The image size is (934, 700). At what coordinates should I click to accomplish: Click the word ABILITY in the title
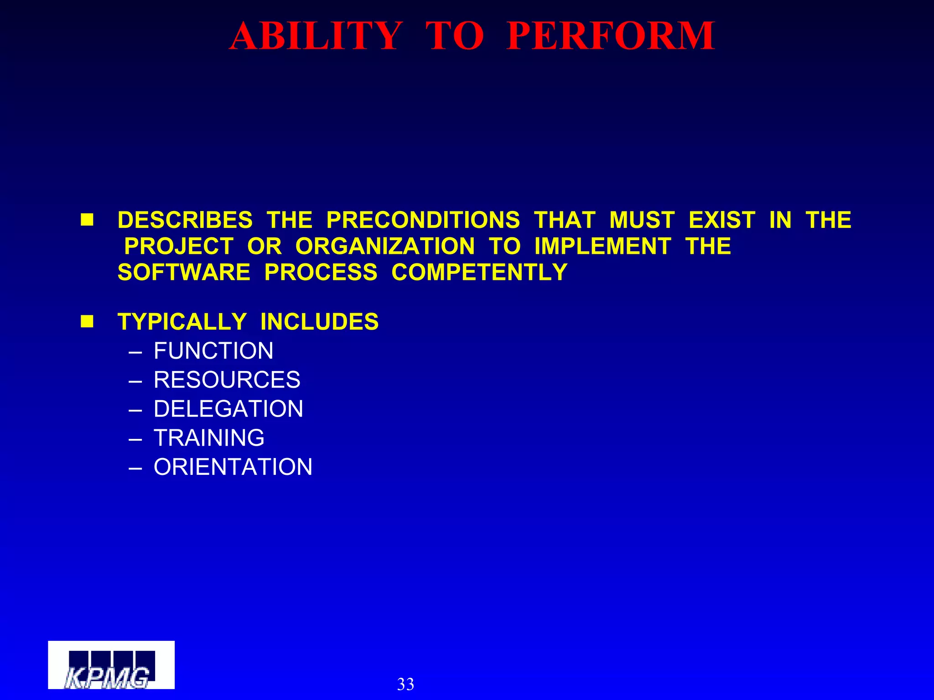(x=316, y=36)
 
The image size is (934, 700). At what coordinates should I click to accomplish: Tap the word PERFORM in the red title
(x=610, y=36)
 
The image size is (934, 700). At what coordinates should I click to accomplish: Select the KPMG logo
(x=111, y=665)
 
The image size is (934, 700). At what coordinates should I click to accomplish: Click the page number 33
(x=405, y=684)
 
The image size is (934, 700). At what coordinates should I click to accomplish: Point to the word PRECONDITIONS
(x=423, y=220)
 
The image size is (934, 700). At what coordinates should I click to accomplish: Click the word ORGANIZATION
(x=385, y=247)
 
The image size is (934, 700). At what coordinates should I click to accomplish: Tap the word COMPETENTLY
(x=479, y=273)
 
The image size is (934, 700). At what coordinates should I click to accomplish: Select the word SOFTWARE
(x=184, y=273)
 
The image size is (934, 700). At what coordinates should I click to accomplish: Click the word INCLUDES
(x=319, y=322)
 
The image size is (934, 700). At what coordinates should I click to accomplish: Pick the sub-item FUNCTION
(x=213, y=351)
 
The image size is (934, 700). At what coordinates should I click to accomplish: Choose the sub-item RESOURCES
(x=227, y=380)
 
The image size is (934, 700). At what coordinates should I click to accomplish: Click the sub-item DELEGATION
(x=228, y=409)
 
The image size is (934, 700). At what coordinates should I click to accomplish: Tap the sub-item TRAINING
(x=209, y=437)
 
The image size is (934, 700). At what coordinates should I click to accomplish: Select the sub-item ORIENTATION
(x=233, y=467)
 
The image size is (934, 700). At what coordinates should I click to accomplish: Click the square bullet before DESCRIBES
(x=87, y=220)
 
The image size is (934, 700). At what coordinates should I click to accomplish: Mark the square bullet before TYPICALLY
(x=87, y=322)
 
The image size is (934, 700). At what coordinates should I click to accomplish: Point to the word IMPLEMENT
(x=602, y=247)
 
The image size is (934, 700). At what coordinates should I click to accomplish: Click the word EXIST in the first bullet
(x=721, y=220)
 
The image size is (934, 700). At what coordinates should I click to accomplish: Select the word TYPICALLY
(x=182, y=322)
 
